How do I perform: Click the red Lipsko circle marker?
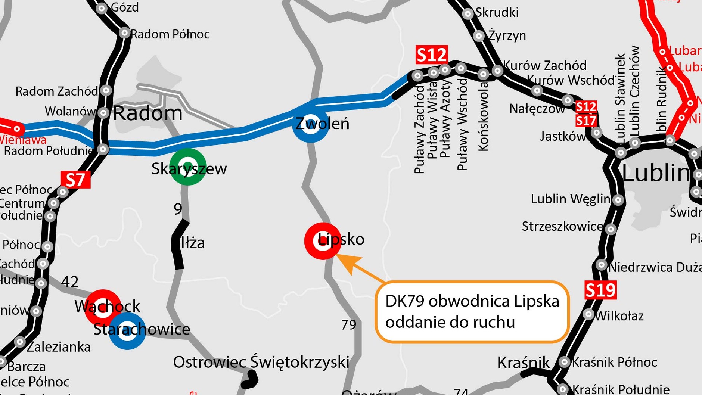[x=323, y=241]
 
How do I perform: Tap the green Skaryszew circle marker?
[x=187, y=167]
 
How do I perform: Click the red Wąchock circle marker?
[x=103, y=307]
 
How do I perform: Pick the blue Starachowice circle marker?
[x=127, y=331]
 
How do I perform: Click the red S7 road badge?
[x=75, y=180]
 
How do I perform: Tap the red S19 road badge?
[x=600, y=290]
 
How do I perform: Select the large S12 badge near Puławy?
[x=432, y=55]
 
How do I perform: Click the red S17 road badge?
[x=586, y=121]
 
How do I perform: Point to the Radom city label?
[x=147, y=113]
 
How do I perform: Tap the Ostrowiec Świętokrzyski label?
[x=261, y=362]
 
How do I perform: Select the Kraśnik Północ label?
[x=614, y=362]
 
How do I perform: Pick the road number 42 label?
[x=69, y=282]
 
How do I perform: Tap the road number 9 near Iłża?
[x=178, y=209]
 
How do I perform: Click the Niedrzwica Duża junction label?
[x=655, y=267]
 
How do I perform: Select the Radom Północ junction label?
[x=170, y=34]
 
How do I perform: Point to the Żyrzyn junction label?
[x=507, y=36]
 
